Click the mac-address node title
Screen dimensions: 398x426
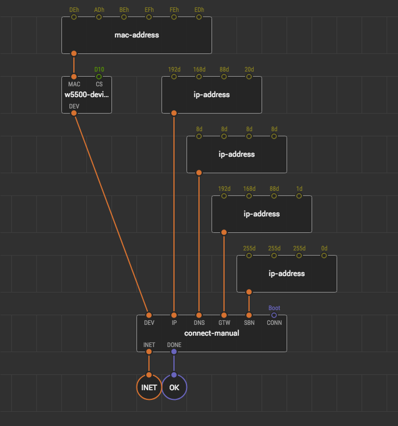coord(136,35)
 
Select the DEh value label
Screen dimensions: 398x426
coord(74,10)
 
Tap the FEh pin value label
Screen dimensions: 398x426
coord(174,10)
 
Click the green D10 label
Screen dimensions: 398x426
coord(99,69)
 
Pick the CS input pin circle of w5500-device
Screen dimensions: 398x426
coord(99,77)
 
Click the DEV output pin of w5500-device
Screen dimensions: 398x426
coord(74,113)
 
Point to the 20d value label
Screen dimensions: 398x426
coord(249,69)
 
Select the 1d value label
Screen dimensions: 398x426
coord(299,189)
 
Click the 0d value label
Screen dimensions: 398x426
coord(324,248)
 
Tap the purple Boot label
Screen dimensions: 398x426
coord(274,308)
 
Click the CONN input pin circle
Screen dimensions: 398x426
coord(274,315)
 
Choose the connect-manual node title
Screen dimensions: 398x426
coord(212,333)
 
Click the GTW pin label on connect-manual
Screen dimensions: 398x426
coord(224,323)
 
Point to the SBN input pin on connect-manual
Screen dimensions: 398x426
coord(249,315)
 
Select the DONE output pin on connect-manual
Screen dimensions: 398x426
coord(174,352)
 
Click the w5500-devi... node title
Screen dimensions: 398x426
coord(86,94)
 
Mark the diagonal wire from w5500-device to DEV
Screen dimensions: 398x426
coord(111,214)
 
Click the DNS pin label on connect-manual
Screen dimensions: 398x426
coord(199,323)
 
